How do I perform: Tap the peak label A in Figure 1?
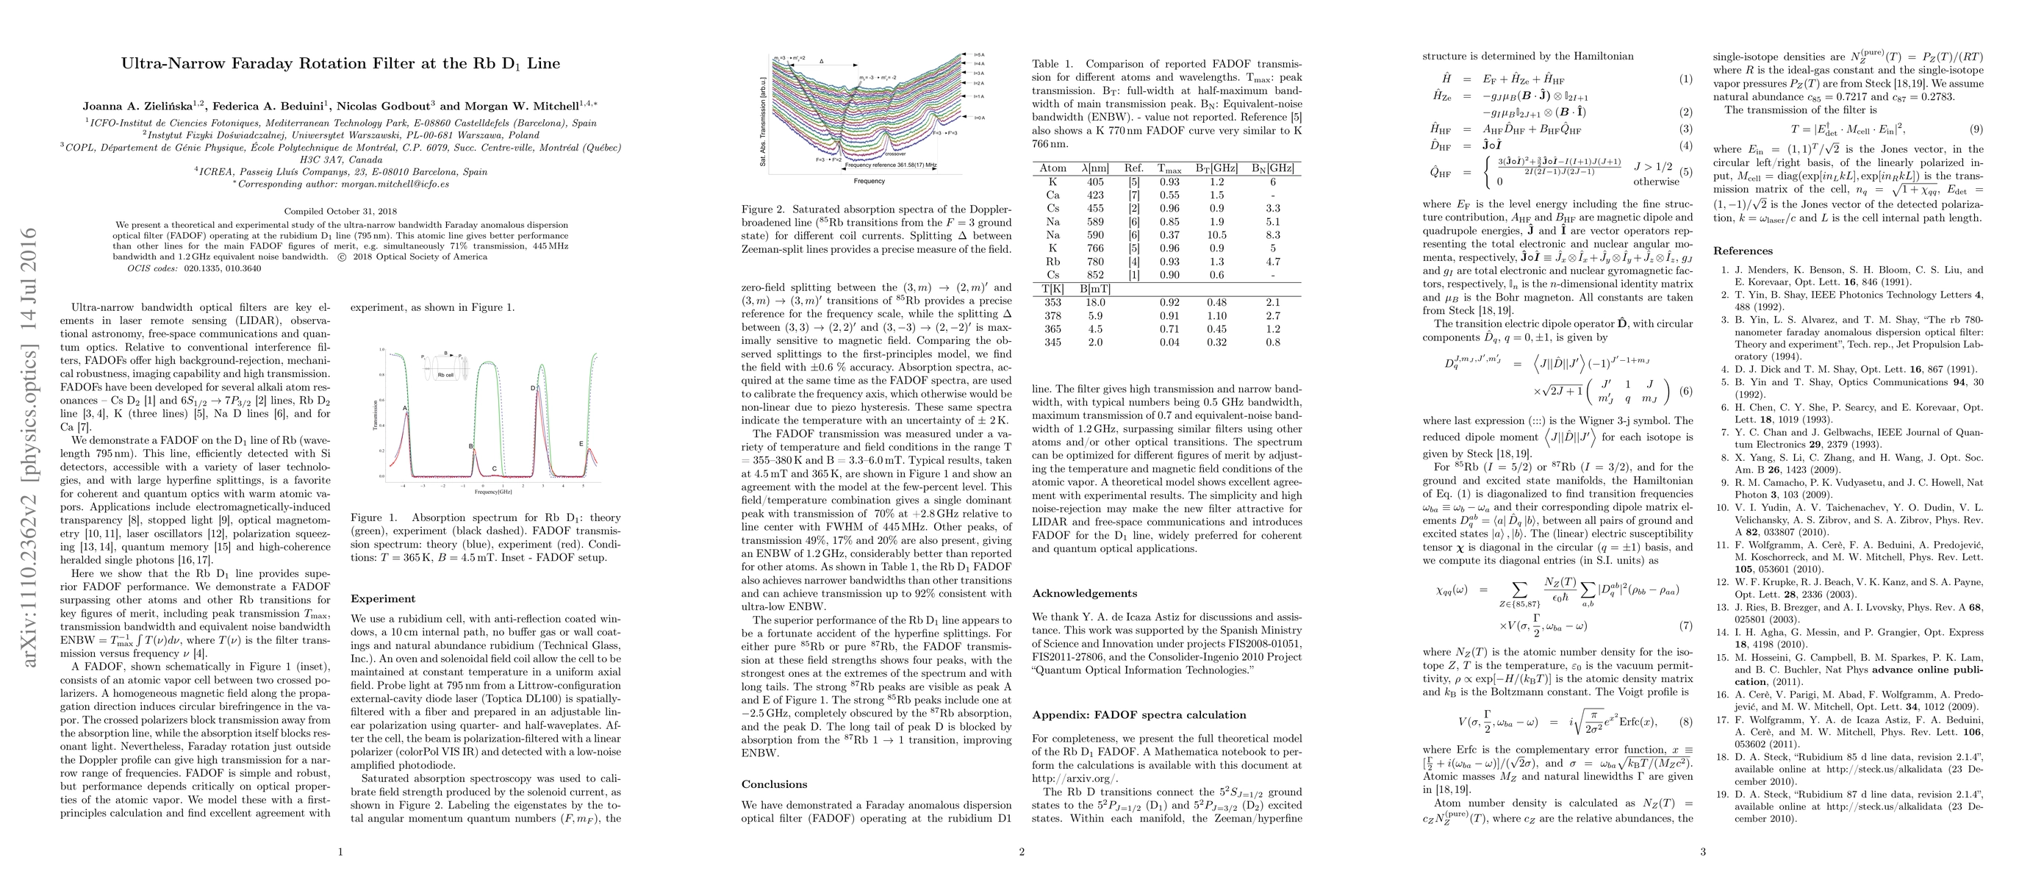[x=406, y=409]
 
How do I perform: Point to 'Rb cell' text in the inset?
[x=446, y=374]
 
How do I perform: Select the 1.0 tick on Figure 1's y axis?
[x=381, y=350]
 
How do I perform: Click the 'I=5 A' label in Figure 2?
[x=979, y=54]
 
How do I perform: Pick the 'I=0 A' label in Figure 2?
[x=979, y=118]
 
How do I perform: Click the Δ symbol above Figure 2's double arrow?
[x=821, y=60]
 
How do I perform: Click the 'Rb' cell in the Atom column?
[x=1053, y=262]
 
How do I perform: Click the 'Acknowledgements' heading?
[x=1084, y=593]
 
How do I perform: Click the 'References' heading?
[x=1743, y=251]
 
